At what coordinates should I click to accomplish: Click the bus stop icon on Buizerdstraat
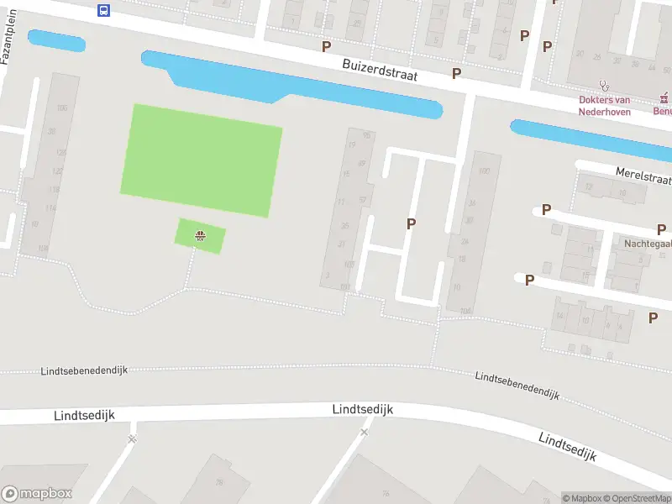point(103,10)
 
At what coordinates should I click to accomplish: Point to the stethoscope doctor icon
point(603,85)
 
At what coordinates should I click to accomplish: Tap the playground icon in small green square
point(200,236)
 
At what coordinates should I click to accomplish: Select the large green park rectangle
point(202,160)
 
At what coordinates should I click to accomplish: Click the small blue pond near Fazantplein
point(56,39)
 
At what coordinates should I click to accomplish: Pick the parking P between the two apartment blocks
point(412,223)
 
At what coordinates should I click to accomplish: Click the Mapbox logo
point(36,494)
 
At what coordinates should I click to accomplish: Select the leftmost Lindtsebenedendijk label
point(84,370)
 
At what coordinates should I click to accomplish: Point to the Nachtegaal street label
point(647,244)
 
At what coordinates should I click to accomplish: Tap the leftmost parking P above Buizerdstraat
point(326,47)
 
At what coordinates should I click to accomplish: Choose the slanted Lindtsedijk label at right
point(567,447)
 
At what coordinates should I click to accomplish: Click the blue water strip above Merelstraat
point(588,138)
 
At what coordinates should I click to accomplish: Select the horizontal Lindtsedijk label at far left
point(84,415)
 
